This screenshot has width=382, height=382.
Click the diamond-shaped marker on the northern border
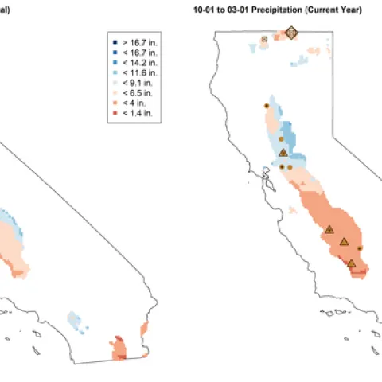291,33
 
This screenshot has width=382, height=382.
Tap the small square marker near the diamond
264,37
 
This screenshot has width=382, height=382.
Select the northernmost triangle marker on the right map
283,152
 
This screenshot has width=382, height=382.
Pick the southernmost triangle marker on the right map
351,262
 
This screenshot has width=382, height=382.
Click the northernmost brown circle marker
266,105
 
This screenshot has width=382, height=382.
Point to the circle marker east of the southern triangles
360,249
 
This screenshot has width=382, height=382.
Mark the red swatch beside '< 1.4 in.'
115,112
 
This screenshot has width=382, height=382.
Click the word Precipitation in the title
271,10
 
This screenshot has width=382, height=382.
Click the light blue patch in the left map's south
75,320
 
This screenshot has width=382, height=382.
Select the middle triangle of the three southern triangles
344,241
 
